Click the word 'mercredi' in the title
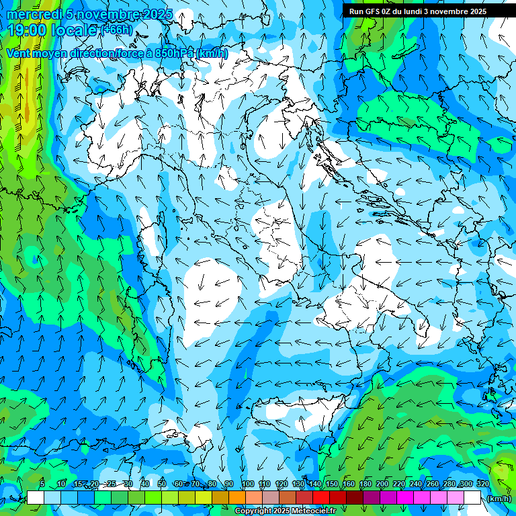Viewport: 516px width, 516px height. pos(32,14)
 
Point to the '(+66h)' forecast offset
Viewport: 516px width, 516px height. pos(116,30)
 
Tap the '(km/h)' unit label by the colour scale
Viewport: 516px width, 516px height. pos(498,499)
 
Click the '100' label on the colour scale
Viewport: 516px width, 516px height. pos(247,484)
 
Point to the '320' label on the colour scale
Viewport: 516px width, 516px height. pos(482,484)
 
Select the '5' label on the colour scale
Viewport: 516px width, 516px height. pos(42,484)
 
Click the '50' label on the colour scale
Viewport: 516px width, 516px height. pos(162,484)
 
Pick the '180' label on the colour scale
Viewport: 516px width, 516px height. pos(365,484)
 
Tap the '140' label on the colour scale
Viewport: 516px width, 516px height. pos(314,484)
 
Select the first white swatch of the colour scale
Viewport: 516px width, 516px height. pos(36,498)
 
